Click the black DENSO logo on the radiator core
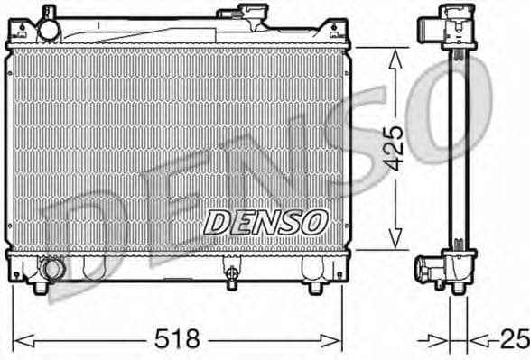coord(264,220)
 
